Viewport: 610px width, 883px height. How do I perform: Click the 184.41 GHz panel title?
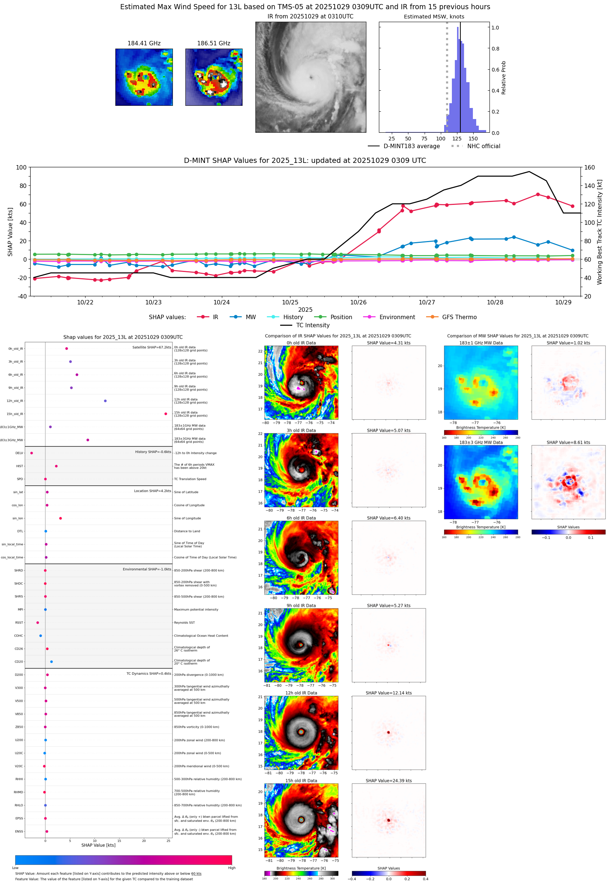pos(144,43)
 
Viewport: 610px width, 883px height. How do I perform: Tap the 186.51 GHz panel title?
pos(214,43)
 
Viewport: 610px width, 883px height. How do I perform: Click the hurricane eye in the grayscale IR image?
pos(311,77)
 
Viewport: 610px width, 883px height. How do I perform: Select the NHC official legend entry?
pos(484,146)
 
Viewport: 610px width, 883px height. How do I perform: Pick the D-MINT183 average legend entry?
pos(411,146)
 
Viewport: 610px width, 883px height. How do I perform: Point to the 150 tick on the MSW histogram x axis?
pos(473,139)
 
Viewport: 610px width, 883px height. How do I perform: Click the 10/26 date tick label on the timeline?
pos(358,302)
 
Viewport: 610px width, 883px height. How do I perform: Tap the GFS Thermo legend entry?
pos(459,317)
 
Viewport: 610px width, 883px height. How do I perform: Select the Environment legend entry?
pos(397,317)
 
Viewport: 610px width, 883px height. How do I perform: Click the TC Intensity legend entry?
pos(312,325)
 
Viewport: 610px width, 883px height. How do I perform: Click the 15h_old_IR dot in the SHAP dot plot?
pos(165,414)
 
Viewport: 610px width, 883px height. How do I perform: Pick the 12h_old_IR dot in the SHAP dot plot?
pos(105,401)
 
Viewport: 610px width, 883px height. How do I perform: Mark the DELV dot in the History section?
pos(32,453)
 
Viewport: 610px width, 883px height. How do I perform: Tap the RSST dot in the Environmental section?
pos(38,622)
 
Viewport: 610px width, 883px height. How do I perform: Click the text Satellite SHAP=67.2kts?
pos(151,347)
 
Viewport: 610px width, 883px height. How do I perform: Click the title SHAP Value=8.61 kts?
pos(568,443)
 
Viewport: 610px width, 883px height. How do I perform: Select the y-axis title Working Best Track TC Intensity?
pos(599,231)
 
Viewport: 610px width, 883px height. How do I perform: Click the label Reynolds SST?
pos(184,622)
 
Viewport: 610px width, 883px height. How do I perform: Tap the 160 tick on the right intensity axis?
pos(589,167)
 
